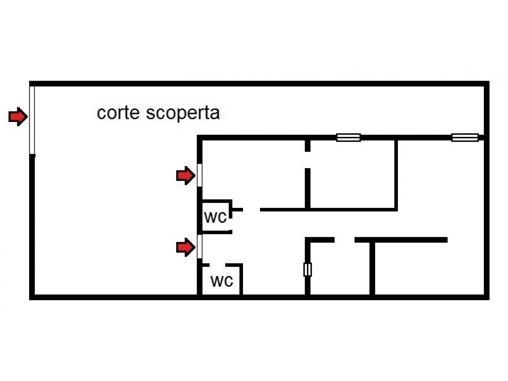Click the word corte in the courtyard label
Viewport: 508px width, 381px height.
(x=118, y=113)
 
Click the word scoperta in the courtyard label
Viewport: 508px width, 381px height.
(x=182, y=114)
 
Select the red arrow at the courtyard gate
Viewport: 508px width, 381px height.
(x=18, y=116)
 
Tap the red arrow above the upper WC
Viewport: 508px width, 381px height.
(x=185, y=176)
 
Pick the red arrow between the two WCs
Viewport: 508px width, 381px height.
(x=185, y=247)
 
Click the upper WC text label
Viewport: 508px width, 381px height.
(x=215, y=218)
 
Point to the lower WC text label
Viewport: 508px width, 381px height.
(x=222, y=281)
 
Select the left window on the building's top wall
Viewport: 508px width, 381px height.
(x=348, y=138)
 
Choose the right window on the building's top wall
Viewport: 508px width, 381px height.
(x=465, y=138)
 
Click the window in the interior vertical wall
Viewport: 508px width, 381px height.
(x=307, y=270)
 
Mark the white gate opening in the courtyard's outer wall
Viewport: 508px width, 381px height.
(x=32, y=120)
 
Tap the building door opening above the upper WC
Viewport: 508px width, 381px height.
(x=199, y=175)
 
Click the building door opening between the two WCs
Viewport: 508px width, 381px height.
(x=199, y=247)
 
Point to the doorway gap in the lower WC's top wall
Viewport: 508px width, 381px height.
(x=218, y=265)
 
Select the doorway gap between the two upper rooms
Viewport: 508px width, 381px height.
(x=307, y=160)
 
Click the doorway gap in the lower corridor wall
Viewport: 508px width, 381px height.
(x=345, y=240)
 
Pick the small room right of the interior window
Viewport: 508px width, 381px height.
(x=340, y=268)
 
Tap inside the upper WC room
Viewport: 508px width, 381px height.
(x=216, y=216)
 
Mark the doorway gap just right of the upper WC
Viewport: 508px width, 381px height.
(x=251, y=210)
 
